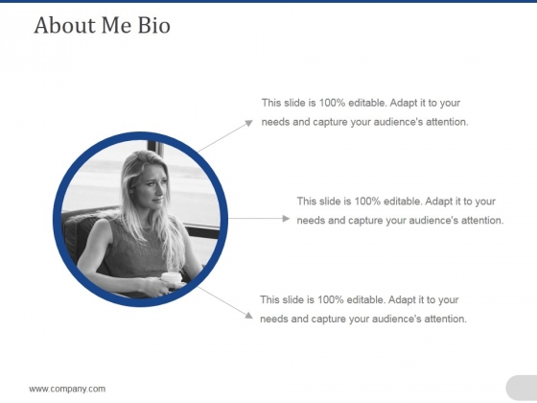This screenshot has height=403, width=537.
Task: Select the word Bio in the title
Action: [x=153, y=25]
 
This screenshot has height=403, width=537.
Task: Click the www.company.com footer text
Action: [x=67, y=389]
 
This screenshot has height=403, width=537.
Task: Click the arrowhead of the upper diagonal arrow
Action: [x=249, y=123]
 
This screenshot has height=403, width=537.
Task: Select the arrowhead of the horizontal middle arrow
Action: [x=286, y=219]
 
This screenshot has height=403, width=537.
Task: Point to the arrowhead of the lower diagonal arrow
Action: [x=248, y=316]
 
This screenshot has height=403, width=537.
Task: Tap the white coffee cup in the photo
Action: [x=172, y=278]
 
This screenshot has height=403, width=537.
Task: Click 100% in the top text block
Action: [x=332, y=103]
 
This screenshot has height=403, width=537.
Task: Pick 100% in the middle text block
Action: [x=367, y=201]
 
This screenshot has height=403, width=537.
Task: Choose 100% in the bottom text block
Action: [x=331, y=299]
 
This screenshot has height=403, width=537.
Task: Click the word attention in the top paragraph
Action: [x=447, y=122]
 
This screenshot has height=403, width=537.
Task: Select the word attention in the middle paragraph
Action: [x=482, y=221]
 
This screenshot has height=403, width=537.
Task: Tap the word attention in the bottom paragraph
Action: [x=446, y=319]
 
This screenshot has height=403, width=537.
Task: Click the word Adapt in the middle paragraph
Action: [x=439, y=201]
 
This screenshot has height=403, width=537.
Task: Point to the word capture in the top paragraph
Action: [x=330, y=123]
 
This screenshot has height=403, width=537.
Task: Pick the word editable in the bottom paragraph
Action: [x=366, y=299]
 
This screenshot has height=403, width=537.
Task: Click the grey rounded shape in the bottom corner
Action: [x=522, y=388]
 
